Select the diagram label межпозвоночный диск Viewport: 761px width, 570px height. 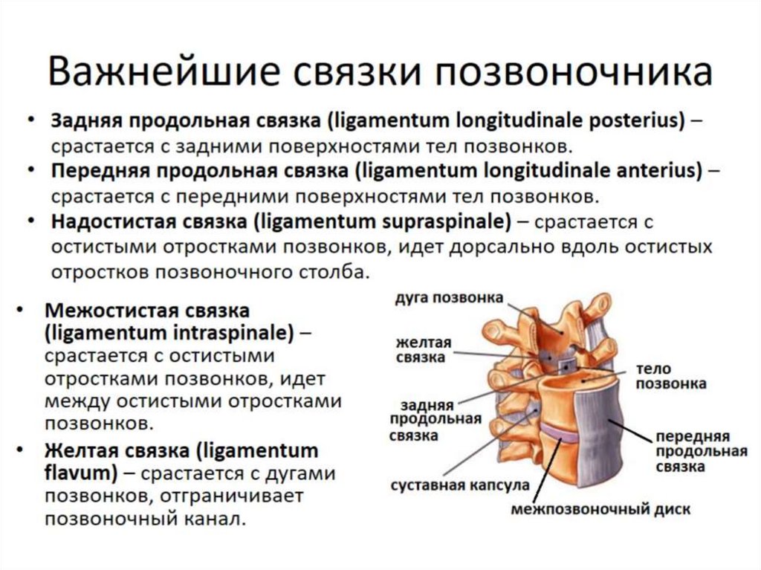600,510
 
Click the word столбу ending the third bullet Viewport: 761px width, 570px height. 339,271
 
